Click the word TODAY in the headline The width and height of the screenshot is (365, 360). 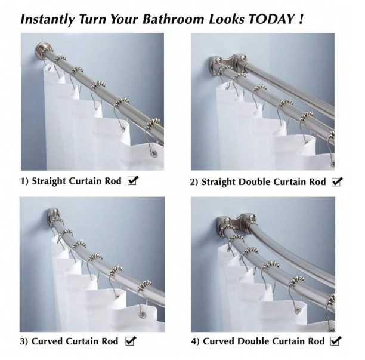coord(271,19)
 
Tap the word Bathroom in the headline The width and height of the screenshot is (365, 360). coord(173,19)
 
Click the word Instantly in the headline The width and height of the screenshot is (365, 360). coord(48,20)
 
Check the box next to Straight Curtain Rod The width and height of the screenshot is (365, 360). coord(133,180)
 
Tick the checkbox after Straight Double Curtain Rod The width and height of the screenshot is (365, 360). coord(338,181)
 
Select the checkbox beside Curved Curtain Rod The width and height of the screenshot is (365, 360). coord(131,341)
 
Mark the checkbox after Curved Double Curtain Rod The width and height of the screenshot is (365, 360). coord(336,341)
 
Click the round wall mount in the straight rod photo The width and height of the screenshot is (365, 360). coord(41,51)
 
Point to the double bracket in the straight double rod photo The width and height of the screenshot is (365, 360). coord(227,62)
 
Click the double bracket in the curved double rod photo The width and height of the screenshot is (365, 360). coord(236,222)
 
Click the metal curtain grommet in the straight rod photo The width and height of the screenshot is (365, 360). coord(153,153)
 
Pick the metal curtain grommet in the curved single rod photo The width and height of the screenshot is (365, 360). coord(141,315)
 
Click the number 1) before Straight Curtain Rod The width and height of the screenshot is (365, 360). coord(24,181)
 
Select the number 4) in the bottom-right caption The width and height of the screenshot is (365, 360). coord(195,341)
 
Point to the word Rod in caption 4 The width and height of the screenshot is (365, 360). coord(316,341)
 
